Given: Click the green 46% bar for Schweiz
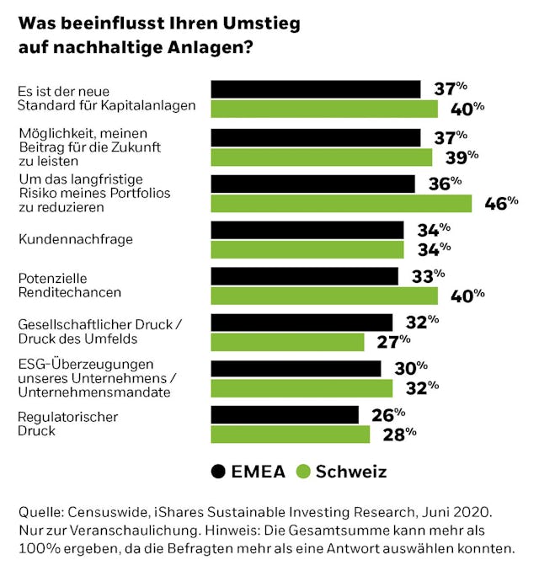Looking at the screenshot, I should point(341,204).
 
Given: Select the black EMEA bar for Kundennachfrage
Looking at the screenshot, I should point(307,230).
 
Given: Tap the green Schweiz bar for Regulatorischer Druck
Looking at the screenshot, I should point(291,434).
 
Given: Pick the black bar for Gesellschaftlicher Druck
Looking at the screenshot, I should point(302,323).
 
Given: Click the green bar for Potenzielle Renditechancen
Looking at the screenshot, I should point(324,296).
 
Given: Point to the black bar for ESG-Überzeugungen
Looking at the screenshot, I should point(296,369).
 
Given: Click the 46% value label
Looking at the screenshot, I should point(501,203).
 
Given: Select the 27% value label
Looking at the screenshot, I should point(394,341).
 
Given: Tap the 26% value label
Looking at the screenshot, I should point(388,414).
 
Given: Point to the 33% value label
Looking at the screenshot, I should point(428,276).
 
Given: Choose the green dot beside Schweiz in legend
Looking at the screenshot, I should point(304,472).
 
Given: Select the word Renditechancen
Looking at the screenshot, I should point(70,292).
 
